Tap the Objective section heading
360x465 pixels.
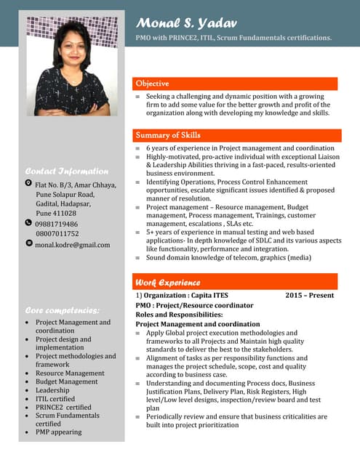pyautogui.click(x=152, y=84)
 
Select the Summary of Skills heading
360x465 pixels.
pyautogui.click(x=168, y=135)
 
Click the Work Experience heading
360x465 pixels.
pyautogui.click(x=168, y=282)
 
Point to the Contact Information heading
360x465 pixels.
pyautogui.click(x=66, y=171)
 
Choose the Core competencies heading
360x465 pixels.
pyautogui.click(x=61, y=310)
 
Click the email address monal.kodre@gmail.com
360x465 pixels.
pyautogui.click(x=73, y=245)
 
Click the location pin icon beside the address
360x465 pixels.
pyautogui.click(x=28, y=185)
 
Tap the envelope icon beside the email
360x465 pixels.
pyautogui.click(x=28, y=244)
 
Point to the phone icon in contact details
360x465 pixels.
pyautogui.click(x=28, y=224)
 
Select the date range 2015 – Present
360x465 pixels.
pyautogui.click(x=310, y=296)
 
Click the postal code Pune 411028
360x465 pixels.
pyautogui.click(x=56, y=214)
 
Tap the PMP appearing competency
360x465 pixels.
pyautogui.click(x=59, y=432)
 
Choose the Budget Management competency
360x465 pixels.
pyautogui.click(x=67, y=381)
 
